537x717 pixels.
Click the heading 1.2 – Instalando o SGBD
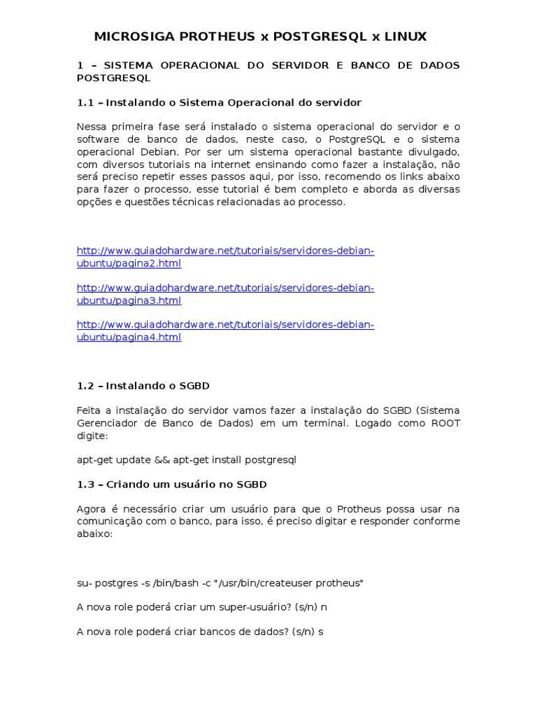click(x=143, y=386)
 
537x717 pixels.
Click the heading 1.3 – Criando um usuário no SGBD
click(x=171, y=484)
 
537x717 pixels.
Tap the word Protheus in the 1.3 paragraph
click(x=365, y=508)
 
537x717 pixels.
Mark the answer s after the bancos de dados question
click(x=321, y=632)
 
